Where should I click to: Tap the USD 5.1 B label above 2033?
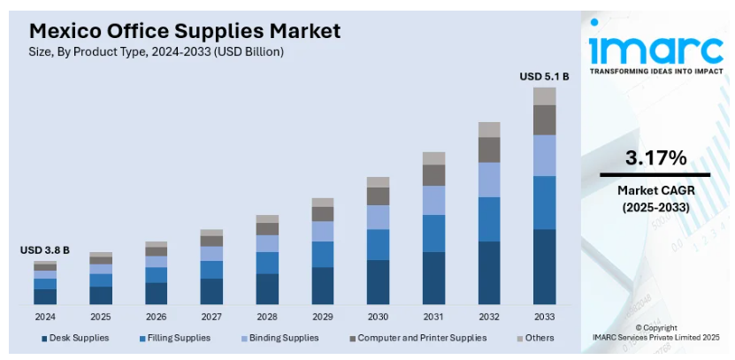(544, 77)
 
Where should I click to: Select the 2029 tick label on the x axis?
(322, 316)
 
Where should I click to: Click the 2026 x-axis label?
(156, 316)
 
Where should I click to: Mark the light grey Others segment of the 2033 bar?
(544, 96)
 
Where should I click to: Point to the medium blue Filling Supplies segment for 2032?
(489, 218)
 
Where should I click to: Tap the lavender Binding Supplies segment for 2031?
(433, 201)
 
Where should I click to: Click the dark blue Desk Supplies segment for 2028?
(267, 289)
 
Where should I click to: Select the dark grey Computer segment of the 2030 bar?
(378, 195)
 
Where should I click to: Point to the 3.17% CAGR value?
(655, 158)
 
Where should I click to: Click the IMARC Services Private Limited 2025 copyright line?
(656, 337)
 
